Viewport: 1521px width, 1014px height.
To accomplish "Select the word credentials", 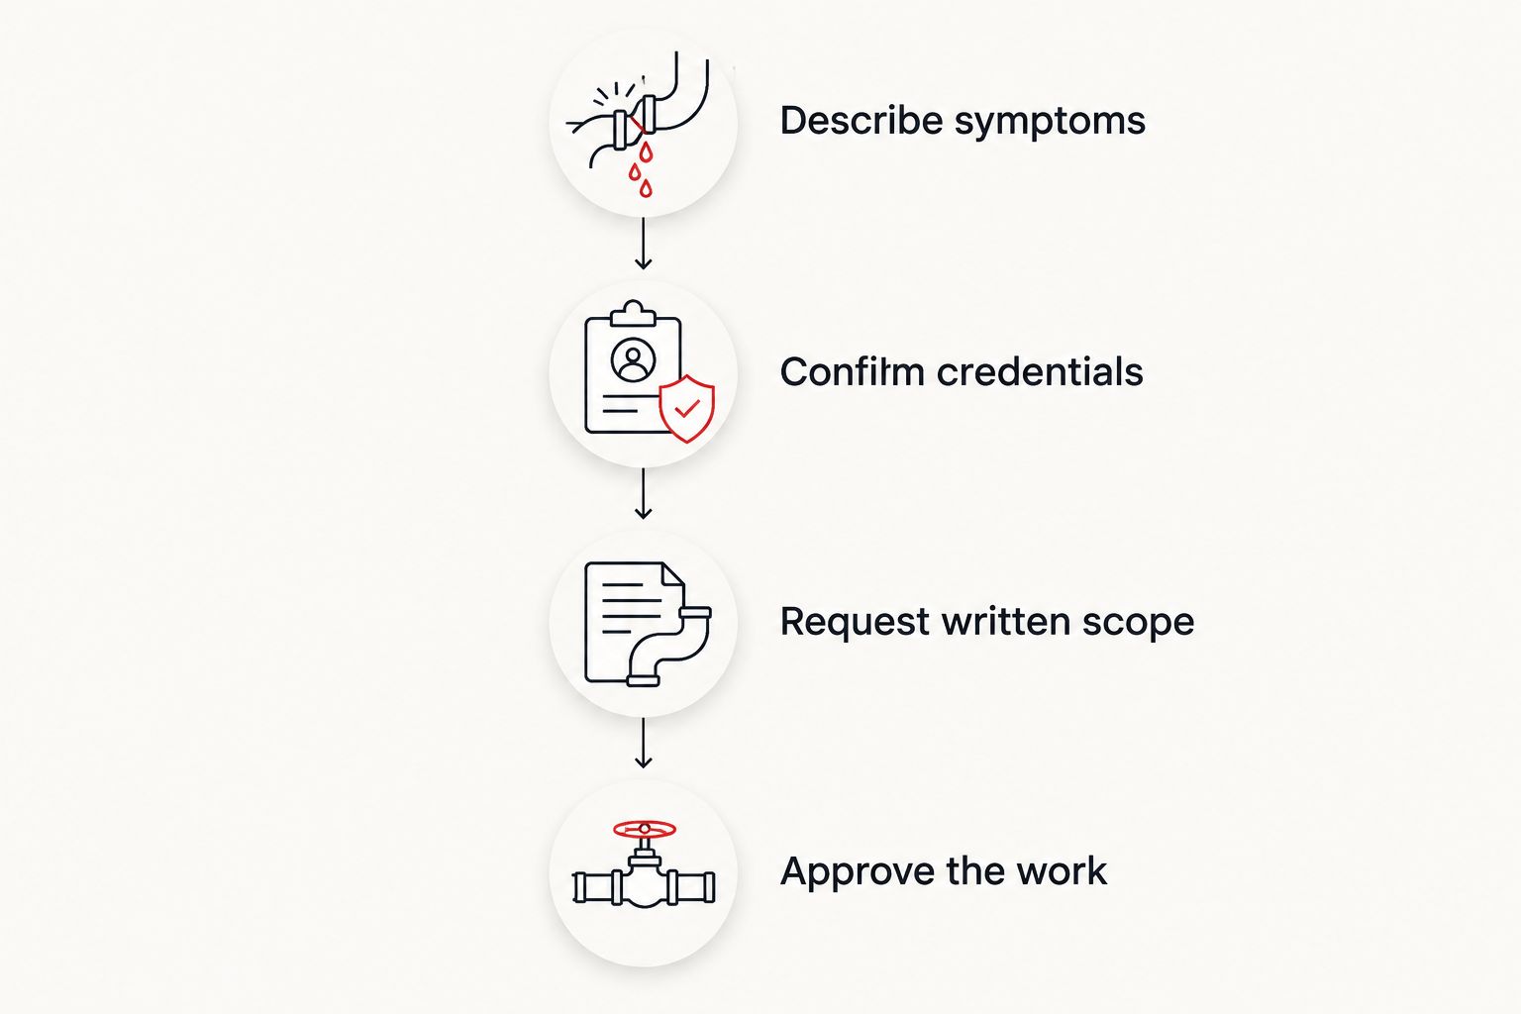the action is pos(1040,371).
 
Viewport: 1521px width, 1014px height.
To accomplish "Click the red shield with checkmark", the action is pos(687,408).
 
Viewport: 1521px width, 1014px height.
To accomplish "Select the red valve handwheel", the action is pos(645,829).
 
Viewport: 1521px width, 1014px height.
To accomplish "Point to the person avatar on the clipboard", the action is pos(634,360).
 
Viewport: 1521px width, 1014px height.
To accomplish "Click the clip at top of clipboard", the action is pos(634,313).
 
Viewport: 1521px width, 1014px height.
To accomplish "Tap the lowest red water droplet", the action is pos(646,188).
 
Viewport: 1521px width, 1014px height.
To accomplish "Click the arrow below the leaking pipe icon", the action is pos(643,245).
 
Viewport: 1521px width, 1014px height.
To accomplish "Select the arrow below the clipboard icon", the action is pos(643,494).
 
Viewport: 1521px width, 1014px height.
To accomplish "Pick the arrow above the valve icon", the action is pos(643,744).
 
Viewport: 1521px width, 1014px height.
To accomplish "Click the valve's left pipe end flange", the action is pos(579,887).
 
